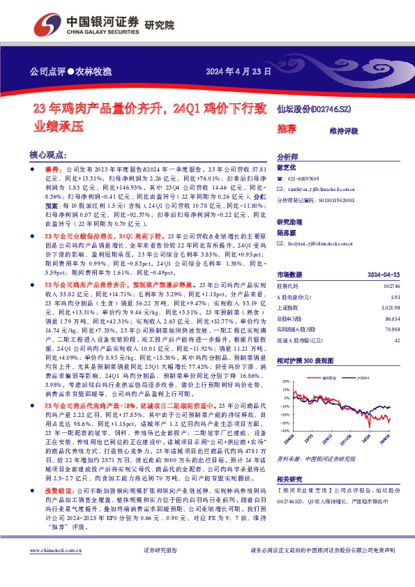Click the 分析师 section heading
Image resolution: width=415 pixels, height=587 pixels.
coord(287,157)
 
